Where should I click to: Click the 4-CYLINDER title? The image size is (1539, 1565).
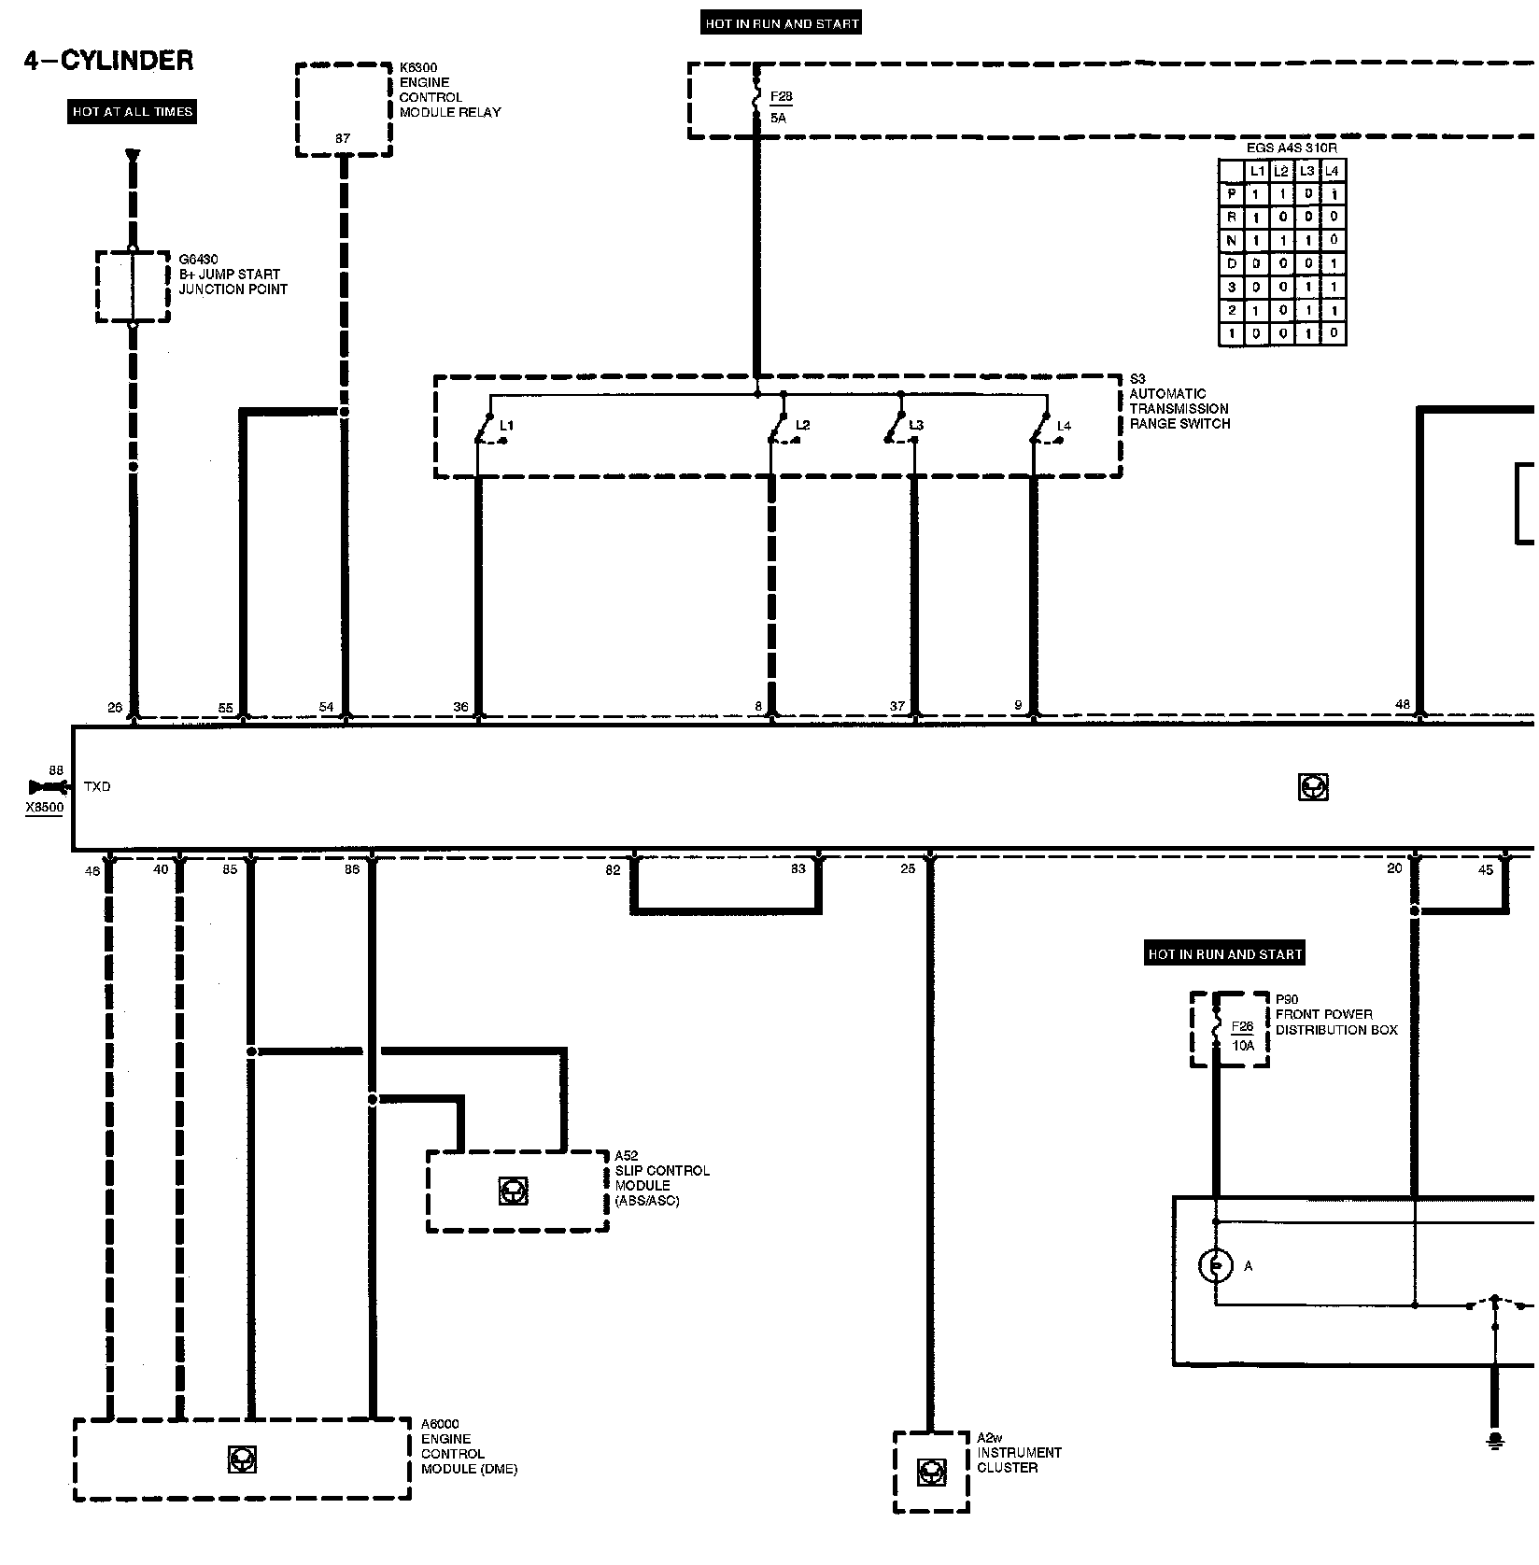pyautogui.click(x=108, y=61)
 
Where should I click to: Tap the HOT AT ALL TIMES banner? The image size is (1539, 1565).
pyautogui.click(x=133, y=112)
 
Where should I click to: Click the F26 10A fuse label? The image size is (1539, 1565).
pyautogui.click(x=1242, y=1036)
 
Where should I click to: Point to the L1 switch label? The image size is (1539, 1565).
pyautogui.click(x=506, y=426)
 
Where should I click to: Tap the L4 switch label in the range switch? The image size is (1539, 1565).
pyautogui.click(x=1064, y=426)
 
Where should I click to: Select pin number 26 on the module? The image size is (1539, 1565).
pyautogui.click(x=115, y=707)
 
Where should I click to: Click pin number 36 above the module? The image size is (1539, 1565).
pyautogui.click(x=461, y=707)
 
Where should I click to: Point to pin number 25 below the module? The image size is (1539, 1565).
pyautogui.click(x=908, y=869)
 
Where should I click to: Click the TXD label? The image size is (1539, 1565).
pyautogui.click(x=97, y=787)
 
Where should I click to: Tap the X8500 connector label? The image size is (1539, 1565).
pyautogui.click(x=45, y=808)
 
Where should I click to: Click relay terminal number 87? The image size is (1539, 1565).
pyautogui.click(x=343, y=139)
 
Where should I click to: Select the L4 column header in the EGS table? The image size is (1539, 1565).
pyautogui.click(x=1333, y=171)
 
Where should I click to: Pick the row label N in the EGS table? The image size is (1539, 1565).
pyautogui.click(x=1232, y=240)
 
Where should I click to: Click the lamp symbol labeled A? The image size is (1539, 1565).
pyautogui.click(x=1215, y=1265)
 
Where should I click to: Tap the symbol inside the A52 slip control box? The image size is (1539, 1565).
pyautogui.click(x=513, y=1191)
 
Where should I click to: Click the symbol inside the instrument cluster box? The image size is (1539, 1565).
pyautogui.click(x=929, y=1473)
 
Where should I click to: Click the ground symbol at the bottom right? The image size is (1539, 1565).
pyautogui.click(x=1495, y=1441)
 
